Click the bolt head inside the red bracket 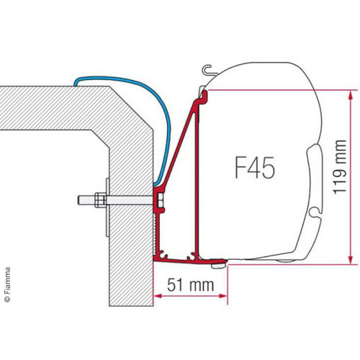point(158,198)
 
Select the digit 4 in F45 point(256,172)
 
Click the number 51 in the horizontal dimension point(184,284)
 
